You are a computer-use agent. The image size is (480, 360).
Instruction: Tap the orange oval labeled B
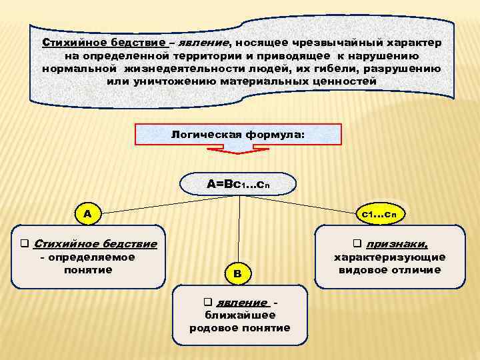(239, 272)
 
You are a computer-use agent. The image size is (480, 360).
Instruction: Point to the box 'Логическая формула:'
(239, 134)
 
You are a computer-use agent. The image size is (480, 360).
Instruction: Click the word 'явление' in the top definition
(204, 42)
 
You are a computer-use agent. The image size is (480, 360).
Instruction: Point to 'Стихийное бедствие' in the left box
(94, 243)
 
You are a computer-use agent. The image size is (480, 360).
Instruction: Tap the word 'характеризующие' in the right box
(390, 257)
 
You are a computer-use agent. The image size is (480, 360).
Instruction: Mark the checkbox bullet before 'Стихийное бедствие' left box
(24, 243)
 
